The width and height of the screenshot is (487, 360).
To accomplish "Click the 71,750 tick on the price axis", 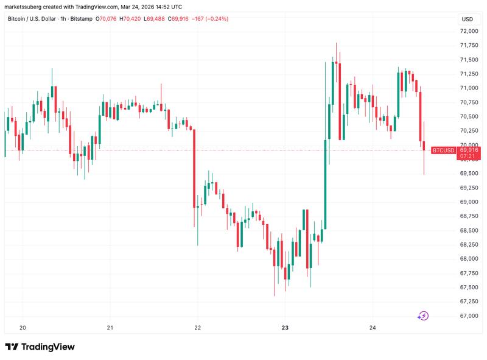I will (469, 46).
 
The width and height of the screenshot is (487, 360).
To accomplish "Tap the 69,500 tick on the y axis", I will (469, 174).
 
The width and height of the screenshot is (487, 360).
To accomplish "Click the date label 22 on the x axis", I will (197, 328).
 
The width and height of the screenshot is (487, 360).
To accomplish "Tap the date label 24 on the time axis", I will (373, 328).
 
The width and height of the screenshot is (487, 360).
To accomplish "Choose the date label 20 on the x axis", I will (23, 328).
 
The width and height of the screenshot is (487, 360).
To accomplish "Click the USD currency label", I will (468, 19).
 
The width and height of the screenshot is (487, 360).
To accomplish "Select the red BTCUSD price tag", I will (443, 150).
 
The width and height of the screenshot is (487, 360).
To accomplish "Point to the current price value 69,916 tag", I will (469, 150).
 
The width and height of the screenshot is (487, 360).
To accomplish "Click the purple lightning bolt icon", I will (423, 316).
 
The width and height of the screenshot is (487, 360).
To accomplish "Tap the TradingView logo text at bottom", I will (40, 347).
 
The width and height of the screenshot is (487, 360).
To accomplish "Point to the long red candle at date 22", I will (194, 168).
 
